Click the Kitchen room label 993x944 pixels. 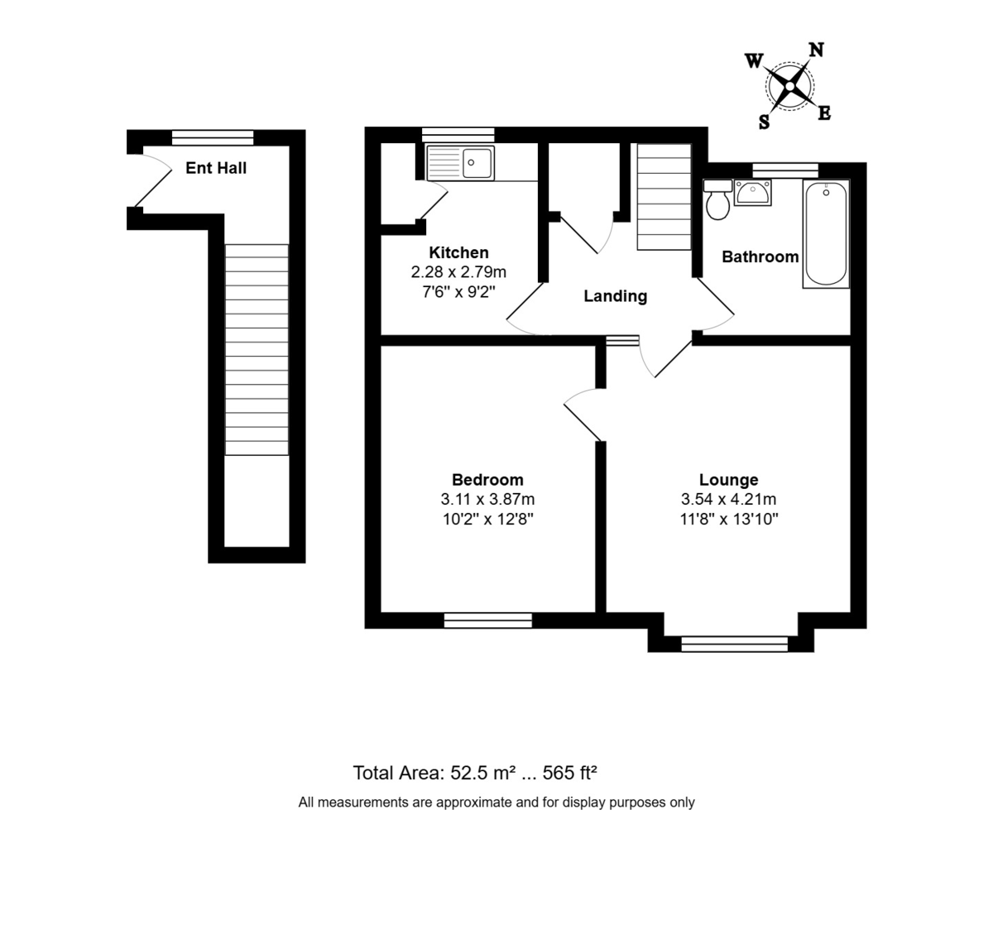[458, 252]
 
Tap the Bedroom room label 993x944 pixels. [487, 479]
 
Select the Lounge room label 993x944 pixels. [728, 479]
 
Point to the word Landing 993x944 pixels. [615, 296]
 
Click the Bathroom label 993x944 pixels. [760, 256]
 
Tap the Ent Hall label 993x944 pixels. [216, 168]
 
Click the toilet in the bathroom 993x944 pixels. [717, 199]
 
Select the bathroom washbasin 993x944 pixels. [752, 193]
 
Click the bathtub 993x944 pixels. [826, 234]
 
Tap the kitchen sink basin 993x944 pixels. [477, 163]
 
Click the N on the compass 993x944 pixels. [816, 50]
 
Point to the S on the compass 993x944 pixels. [764, 122]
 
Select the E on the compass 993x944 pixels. [824, 113]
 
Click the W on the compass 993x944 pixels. [754, 61]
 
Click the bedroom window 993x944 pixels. [488, 621]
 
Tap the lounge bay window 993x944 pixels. [734, 644]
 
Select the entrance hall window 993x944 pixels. [213, 137]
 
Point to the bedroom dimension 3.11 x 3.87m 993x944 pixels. [487, 499]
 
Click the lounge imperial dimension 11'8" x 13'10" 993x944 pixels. [728, 519]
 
